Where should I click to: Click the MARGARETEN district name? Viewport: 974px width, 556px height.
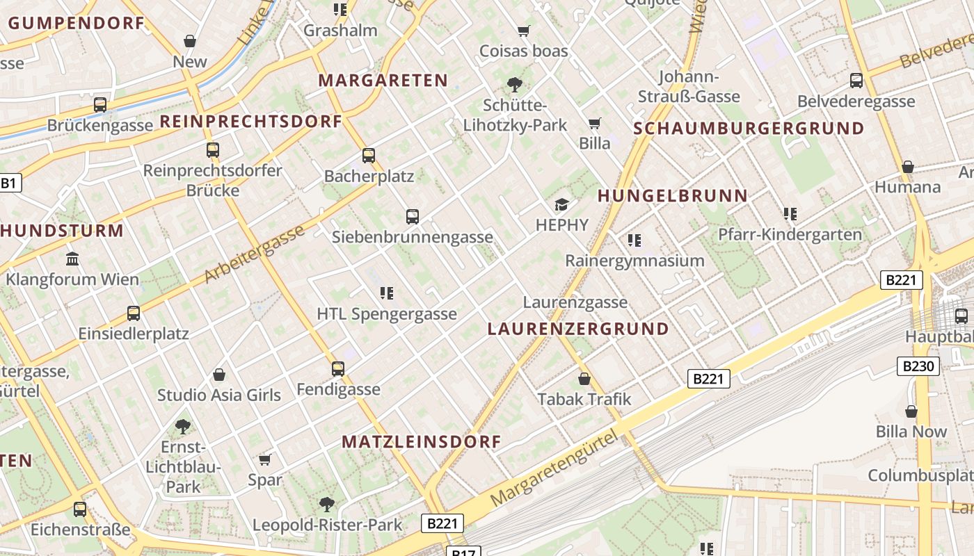(383, 81)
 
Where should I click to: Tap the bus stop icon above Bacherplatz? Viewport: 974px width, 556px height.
(369, 156)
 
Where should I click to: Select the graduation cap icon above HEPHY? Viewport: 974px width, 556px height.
(561, 204)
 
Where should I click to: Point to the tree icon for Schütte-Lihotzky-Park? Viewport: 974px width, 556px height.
(515, 85)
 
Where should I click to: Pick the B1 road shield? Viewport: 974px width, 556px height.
(9, 183)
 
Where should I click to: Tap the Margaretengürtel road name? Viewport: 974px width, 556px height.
(553, 469)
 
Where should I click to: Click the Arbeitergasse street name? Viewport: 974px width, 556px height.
(254, 254)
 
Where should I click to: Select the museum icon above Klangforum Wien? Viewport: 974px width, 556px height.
(72, 259)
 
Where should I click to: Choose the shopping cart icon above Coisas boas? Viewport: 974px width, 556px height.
(524, 31)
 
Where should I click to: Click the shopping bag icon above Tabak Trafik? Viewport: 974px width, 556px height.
(584, 379)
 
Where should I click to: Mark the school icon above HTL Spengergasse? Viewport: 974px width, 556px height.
(387, 293)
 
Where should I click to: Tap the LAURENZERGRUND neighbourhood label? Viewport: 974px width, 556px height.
(578, 329)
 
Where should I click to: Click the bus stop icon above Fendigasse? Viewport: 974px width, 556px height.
(338, 368)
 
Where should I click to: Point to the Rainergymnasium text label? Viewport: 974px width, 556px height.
(634, 261)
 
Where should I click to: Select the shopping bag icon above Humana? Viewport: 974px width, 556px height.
(908, 167)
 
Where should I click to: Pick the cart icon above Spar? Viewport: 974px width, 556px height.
(264, 459)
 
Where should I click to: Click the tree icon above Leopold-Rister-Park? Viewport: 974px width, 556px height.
(327, 504)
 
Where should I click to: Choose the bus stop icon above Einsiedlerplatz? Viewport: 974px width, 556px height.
(134, 313)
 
